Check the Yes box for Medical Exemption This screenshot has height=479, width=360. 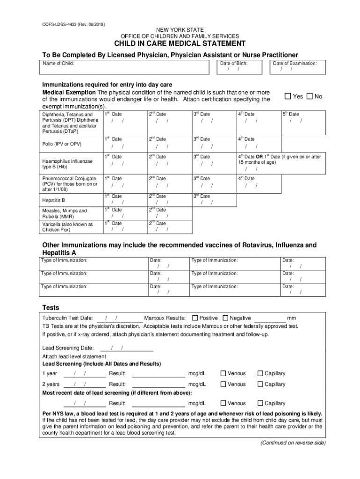(x=288, y=96)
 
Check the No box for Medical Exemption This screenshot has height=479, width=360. (x=310, y=96)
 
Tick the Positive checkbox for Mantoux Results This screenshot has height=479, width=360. (x=195, y=318)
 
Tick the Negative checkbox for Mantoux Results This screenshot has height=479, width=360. (x=226, y=318)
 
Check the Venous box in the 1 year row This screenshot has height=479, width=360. (x=223, y=373)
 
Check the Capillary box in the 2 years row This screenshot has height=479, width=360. (x=260, y=384)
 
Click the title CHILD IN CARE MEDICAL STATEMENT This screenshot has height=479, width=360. (x=180, y=44)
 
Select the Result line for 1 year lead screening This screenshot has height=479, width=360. (x=159, y=374)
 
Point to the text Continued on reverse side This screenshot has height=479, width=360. (x=293, y=443)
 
